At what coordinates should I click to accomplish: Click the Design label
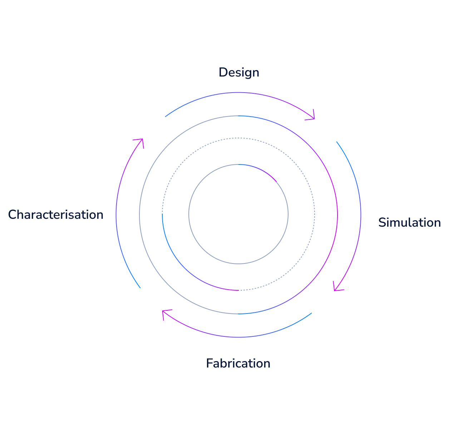(239, 72)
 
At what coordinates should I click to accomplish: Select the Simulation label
(409, 222)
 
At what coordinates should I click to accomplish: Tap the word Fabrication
(238, 363)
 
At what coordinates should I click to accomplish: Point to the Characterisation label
(56, 214)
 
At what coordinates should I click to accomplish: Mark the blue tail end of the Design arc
(165, 117)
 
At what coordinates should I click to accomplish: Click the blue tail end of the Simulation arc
(336, 142)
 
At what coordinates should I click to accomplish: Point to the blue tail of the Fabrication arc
(312, 313)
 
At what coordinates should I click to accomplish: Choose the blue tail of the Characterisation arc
(140, 288)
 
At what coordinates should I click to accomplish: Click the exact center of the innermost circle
(238, 214)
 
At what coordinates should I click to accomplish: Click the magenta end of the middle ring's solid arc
(237, 290)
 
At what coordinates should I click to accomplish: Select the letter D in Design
(222, 72)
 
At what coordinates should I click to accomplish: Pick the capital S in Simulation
(382, 222)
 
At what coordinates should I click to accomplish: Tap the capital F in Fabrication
(209, 363)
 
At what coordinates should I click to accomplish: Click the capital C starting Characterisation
(12, 214)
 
